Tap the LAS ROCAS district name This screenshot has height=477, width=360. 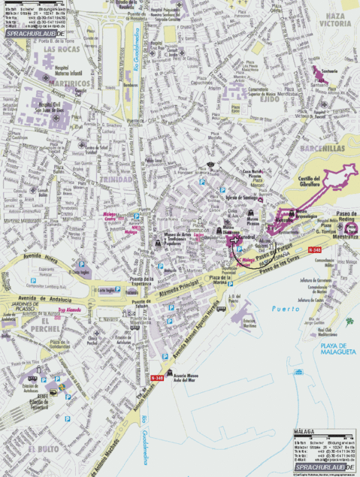click(60, 49)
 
